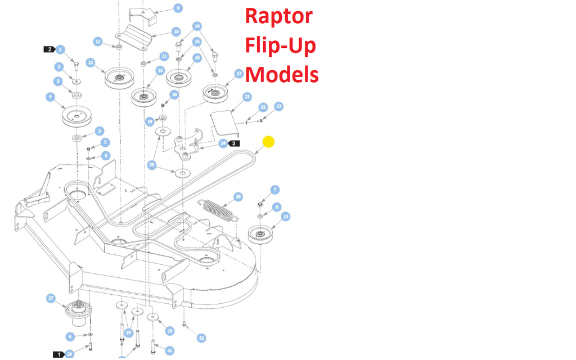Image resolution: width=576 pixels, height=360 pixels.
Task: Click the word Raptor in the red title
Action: (278, 16)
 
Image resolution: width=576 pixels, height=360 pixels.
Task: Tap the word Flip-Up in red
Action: (280, 46)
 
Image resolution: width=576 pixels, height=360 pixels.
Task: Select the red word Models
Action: (282, 74)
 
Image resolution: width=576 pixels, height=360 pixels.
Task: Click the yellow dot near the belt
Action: (268, 142)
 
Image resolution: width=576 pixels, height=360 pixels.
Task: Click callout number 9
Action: (178, 8)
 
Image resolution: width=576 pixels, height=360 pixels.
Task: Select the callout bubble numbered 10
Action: (176, 32)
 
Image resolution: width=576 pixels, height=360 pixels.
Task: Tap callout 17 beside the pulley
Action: (238, 74)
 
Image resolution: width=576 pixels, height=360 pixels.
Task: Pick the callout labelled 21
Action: (247, 97)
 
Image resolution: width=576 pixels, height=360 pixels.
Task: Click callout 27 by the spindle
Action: (51, 298)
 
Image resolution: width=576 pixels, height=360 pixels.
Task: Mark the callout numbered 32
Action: (201, 338)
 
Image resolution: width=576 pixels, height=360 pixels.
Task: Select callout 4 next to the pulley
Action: (50, 97)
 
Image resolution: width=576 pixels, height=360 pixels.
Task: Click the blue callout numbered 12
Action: (90, 62)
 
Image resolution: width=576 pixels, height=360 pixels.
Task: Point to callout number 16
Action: (197, 57)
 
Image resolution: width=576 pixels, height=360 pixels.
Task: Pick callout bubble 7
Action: (274, 190)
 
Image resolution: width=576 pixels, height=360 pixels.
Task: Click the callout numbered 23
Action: (279, 106)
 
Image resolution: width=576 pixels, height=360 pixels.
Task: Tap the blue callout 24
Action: (223, 143)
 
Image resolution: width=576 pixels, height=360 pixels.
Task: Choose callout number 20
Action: (152, 165)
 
